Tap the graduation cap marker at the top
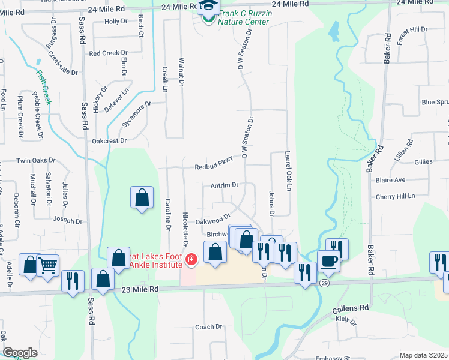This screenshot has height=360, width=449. click(208, 7)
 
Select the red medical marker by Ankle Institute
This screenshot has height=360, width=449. click(191, 260)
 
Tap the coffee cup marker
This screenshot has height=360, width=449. click(328, 261)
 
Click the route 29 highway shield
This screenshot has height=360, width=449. click(324, 283)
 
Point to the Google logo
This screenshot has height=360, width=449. click(20, 353)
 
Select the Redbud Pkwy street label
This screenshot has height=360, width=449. click(213, 167)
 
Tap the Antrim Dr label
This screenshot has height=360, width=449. click(225, 185)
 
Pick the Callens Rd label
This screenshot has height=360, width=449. click(350, 308)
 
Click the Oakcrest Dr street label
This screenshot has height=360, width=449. click(110, 140)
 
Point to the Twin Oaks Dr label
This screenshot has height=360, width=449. click(35, 161)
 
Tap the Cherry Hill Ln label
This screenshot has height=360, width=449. click(394, 196)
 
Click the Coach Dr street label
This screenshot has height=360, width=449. click(209, 327)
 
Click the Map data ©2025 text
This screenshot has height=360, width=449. click(423, 355)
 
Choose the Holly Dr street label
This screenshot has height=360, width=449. click(116, 22)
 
